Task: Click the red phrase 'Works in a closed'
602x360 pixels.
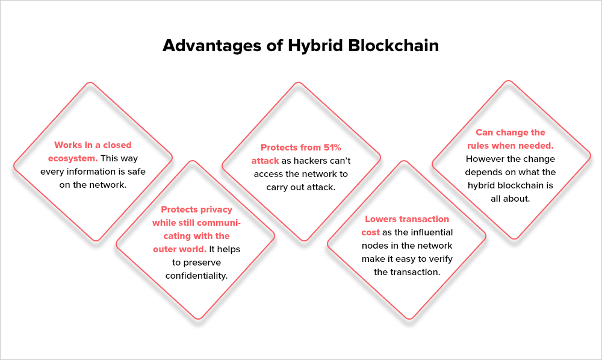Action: coord(93,145)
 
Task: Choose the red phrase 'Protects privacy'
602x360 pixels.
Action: coord(196,209)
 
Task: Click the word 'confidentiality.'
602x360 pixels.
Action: coord(196,275)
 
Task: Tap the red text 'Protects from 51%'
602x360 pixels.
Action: coord(301,147)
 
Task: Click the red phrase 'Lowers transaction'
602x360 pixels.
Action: coord(407,219)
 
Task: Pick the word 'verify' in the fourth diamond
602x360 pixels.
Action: coord(442,259)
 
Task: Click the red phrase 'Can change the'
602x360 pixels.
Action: coord(510,132)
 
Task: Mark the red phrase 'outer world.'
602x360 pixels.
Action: coord(179,249)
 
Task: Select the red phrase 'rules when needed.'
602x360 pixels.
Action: coord(510,146)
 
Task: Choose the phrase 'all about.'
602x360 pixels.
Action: coord(510,198)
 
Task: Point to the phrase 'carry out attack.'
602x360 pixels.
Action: coord(301,187)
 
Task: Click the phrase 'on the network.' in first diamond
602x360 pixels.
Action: coord(93,185)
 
